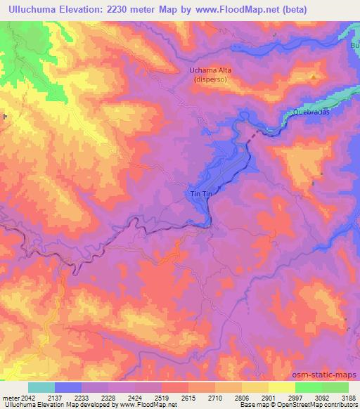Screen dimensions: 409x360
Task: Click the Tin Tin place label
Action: (x=200, y=194)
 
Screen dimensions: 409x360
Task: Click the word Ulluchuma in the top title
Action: (x=33, y=8)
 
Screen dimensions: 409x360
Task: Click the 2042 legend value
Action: (x=26, y=396)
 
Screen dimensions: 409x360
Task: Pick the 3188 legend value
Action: (x=347, y=396)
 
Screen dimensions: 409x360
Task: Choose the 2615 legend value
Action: (x=186, y=396)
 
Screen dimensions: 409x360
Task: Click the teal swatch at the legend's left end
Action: (x=41, y=387)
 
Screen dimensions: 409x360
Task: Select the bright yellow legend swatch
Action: (x=281, y=387)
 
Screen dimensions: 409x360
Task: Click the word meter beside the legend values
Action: (x=9, y=396)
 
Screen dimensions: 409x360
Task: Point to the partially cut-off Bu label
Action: (x=355, y=44)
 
